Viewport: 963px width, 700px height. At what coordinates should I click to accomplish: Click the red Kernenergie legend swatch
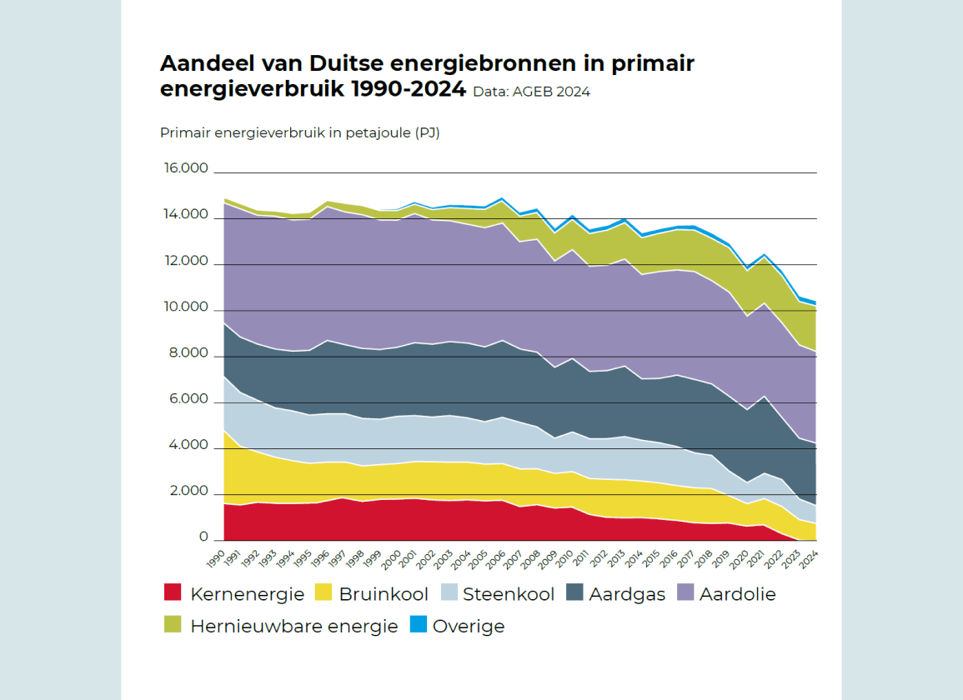172,593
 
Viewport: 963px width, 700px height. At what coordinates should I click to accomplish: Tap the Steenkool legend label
508,594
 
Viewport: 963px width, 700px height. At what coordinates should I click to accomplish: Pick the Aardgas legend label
626,594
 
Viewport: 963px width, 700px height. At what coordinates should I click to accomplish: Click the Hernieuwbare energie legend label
293,626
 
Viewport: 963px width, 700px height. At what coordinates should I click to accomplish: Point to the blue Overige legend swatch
418,624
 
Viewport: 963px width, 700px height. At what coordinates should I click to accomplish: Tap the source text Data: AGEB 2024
531,92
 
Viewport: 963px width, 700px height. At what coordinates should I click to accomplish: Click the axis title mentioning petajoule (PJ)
299,133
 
